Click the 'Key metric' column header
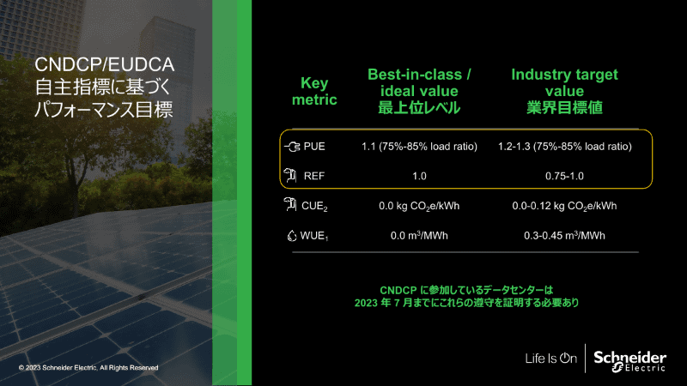coord(314,91)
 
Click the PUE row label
coord(314,146)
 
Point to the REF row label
coord(314,176)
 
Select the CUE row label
coord(314,206)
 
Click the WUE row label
coord(314,236)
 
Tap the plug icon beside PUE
coord(292,146)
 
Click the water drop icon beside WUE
coord(292,236)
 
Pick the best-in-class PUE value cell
coord(419,146)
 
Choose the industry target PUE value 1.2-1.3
coord(565,146)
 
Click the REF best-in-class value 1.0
coord(419,176)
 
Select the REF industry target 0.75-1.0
coord(564,176)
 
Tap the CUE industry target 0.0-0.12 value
coord(564,206)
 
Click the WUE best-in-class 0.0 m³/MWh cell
coord(419,235)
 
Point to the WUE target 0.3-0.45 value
coord(564,235)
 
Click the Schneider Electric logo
coord(629,360)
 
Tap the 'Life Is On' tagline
coord(550,359)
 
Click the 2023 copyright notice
coord(88,368)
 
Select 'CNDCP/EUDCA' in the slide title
coord(104,65)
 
